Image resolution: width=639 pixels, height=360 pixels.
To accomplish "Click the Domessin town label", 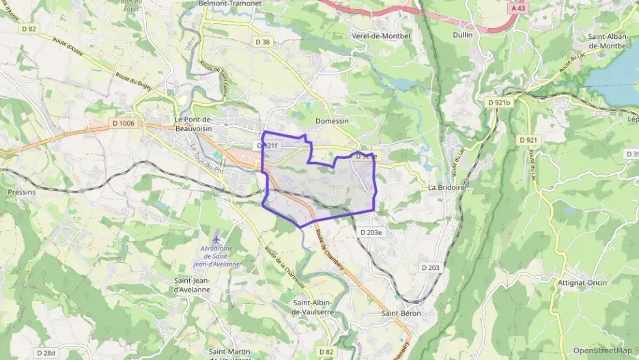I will (332, 121).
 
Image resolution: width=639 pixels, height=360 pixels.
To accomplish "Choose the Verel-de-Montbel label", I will (381, 35).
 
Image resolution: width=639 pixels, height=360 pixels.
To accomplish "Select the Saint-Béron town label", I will (401, 314).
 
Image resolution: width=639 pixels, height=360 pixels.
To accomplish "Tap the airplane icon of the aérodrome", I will (217, 240).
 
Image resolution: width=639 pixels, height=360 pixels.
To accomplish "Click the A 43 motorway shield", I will (519, 8).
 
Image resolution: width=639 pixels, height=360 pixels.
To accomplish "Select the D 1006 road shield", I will (123, 124).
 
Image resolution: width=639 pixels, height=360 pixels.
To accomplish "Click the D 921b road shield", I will (499, 102).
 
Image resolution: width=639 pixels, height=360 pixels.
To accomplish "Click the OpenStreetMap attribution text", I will (602, 350).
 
